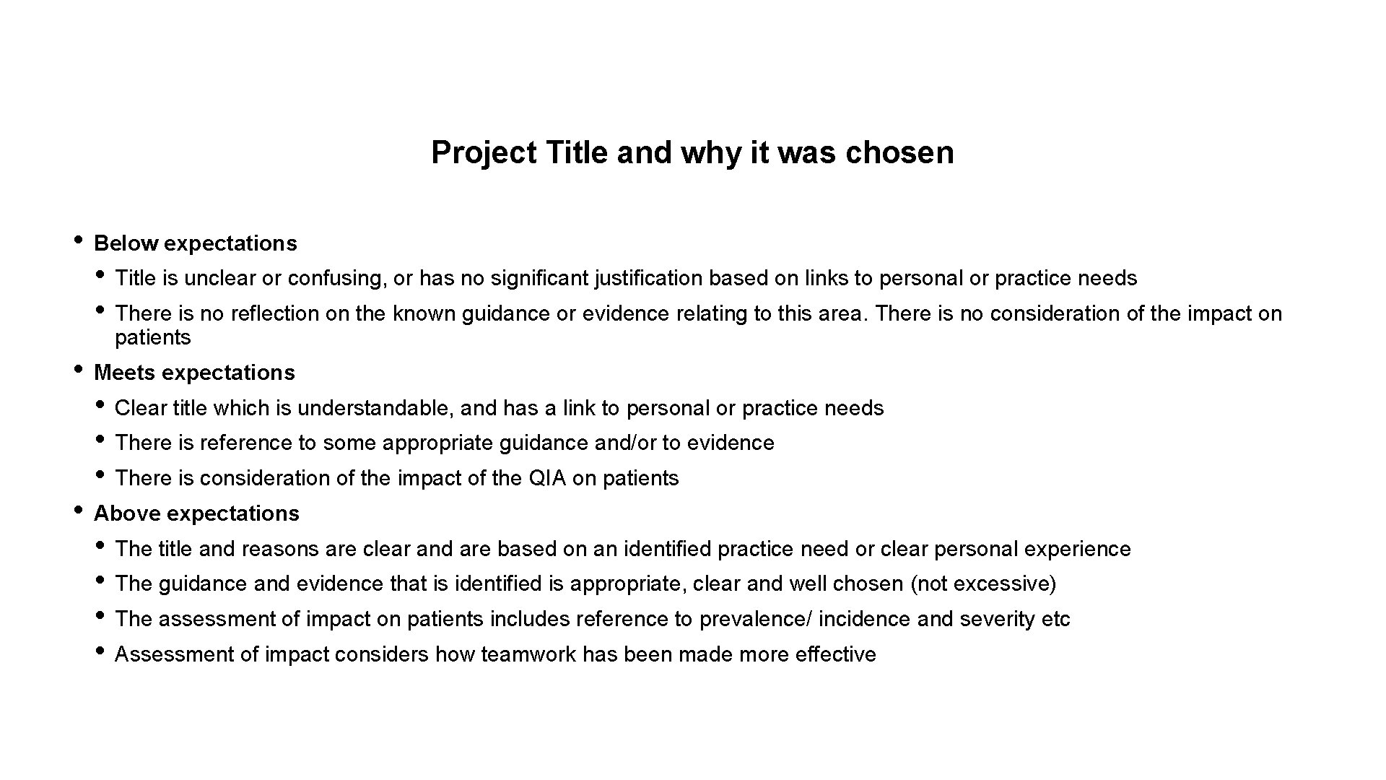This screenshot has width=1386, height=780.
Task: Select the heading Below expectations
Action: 195,243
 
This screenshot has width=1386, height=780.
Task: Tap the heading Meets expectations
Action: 194,373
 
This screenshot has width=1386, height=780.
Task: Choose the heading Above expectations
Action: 196,513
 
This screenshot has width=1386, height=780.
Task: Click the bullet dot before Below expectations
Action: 78,239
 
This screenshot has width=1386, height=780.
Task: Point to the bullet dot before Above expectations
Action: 78,509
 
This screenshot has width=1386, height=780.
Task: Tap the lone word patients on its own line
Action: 152,337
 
